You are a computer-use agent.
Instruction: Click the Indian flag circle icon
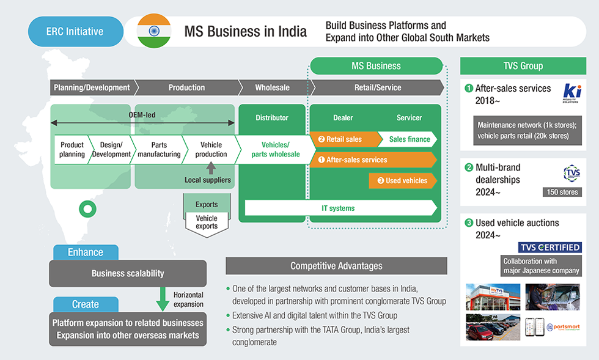(x=154, y=31)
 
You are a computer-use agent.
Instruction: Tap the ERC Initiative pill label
(x=75, y=31)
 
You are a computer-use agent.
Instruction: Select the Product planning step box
(x=72, y=150)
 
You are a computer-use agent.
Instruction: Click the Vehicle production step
(x=210, y=150)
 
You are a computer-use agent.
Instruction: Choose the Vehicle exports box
(x=207, y=222)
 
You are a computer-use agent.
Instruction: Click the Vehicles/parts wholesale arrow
(x=275, y=150)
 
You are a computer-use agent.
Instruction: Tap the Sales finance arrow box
(x=409, y=139)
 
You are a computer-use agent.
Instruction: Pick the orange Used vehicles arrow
(x=403, y=181)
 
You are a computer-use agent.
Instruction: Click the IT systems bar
(x=339, y=208)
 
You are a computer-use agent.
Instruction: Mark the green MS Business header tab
(x=376, y=66)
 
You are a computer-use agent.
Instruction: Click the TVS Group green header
(x=523, y=66)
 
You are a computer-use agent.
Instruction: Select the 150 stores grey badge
(x=562, y=193)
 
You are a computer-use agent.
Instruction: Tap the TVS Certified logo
(x=549, y=248)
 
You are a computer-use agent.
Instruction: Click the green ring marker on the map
(x=89, y=210)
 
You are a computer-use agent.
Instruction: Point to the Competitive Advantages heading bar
(x=336, y=266)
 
